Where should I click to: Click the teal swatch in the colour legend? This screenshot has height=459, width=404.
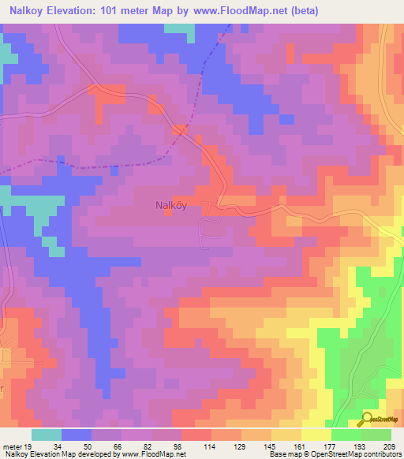47,435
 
